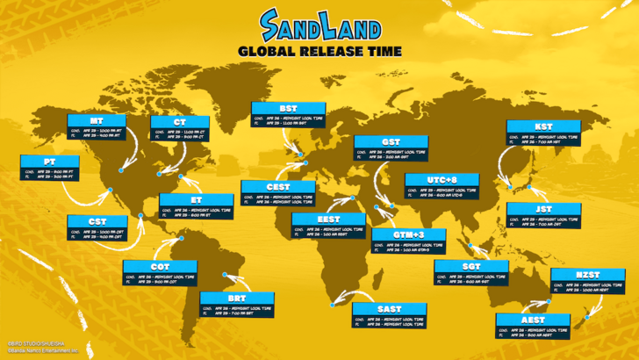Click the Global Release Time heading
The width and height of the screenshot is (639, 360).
point(319,51)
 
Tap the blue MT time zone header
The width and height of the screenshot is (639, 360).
point(97,119)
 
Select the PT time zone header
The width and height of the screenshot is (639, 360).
point(50,162)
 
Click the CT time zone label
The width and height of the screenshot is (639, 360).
point(179,121)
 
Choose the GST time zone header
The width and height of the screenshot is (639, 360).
point(391,141)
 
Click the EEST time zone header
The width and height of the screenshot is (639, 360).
point(328,219)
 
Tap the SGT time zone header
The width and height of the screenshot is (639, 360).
point(470,265)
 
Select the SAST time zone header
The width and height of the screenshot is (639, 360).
point(389,309)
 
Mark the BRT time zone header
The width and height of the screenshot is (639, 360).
point(237,298)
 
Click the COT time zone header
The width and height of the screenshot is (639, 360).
point(160,266)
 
